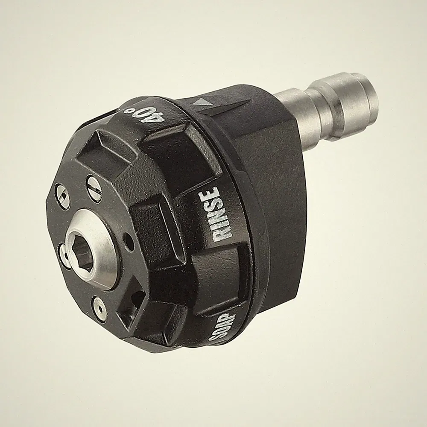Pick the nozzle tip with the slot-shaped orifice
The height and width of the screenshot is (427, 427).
[94, 188]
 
